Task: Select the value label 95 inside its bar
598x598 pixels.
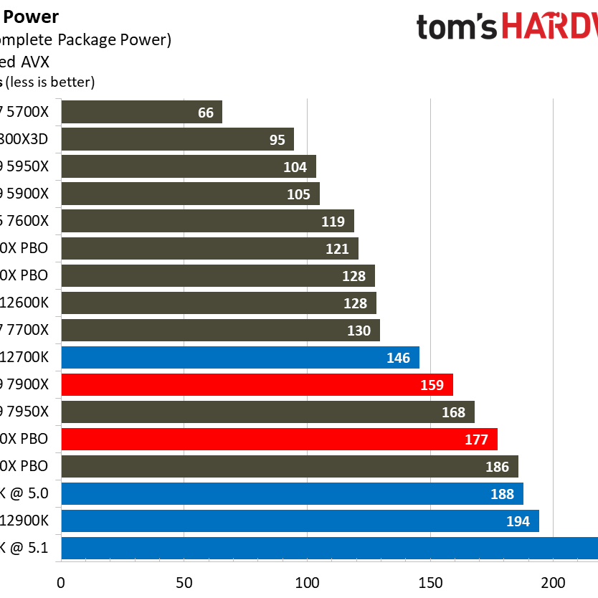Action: coord(277,139)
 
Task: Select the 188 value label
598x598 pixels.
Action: coord(502,493)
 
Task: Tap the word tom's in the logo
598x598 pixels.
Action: coord(456,27)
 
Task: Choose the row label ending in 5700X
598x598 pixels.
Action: coord(25,112)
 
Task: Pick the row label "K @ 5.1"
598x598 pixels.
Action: coord(25,548)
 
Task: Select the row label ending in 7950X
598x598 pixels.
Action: coord(25,412)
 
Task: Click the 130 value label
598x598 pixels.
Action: coord(359,330)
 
